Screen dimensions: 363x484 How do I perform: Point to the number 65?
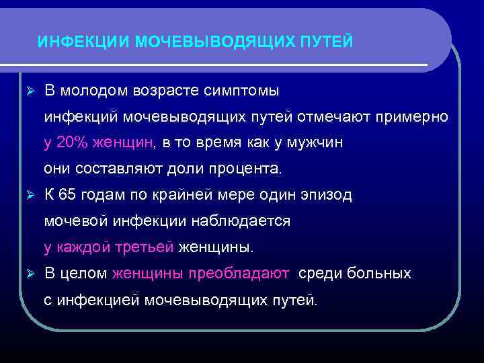(x=68, y=195)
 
